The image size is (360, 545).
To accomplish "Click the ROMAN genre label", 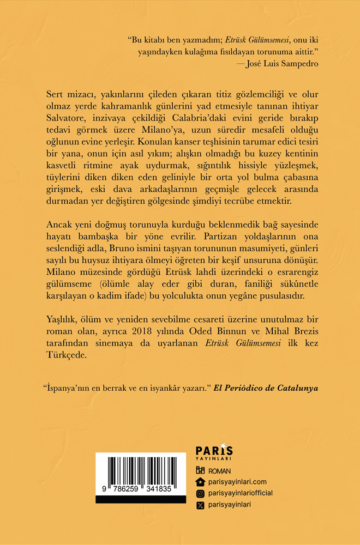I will pos(220,471).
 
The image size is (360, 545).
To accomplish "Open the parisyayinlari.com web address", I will pos(237,482).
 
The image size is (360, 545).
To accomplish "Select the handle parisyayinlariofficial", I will pos(241,493).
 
